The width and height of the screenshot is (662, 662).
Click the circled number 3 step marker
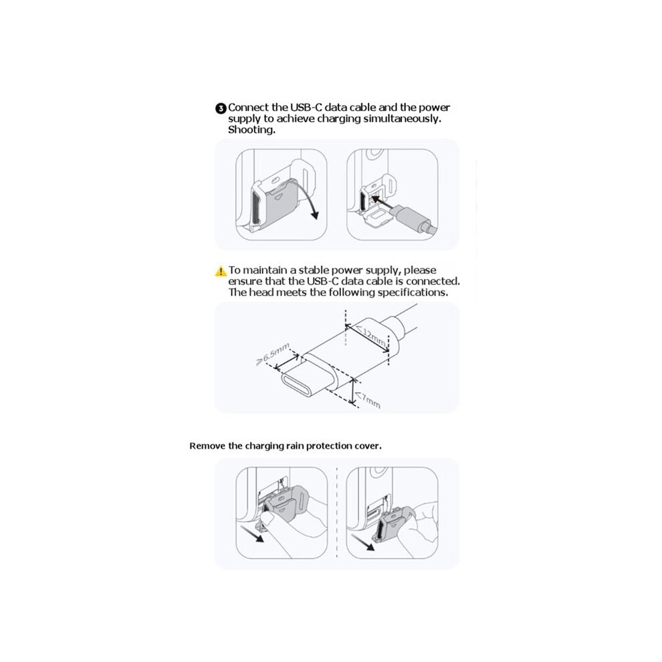pyautogui.click(x=221, y=108)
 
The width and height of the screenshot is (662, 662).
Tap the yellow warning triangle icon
pyautogui.click(x=221, y=271)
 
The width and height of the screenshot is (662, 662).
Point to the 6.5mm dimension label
pyautogui.click(x=273, y=353)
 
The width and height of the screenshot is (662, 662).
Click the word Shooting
pyautogui.click(x=251, y=130)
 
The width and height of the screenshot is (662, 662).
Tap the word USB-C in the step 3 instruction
pyautogui.click(x=306, y=107)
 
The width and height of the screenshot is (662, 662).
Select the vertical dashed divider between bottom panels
pyautogui.click(x=337, y=513)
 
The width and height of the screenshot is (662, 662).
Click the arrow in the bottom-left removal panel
pyautogui.click(x=251, y=533)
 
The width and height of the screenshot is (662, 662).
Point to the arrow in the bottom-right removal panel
pyautogui.click(x=363, y=542)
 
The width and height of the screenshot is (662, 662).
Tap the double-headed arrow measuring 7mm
pyautogui.click(x=353, y=391)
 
